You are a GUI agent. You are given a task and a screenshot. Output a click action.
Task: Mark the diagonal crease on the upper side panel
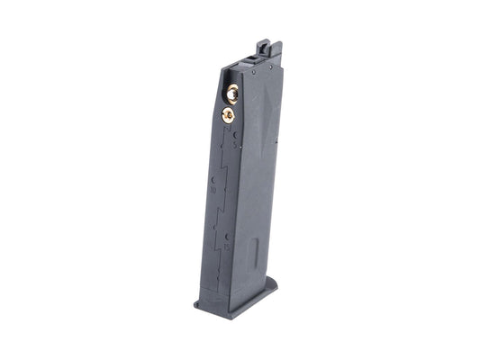pyautogui.click(x=270, y=117)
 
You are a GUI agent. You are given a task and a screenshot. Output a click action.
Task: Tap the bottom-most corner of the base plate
pyautogui.click(x=236, y=315)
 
